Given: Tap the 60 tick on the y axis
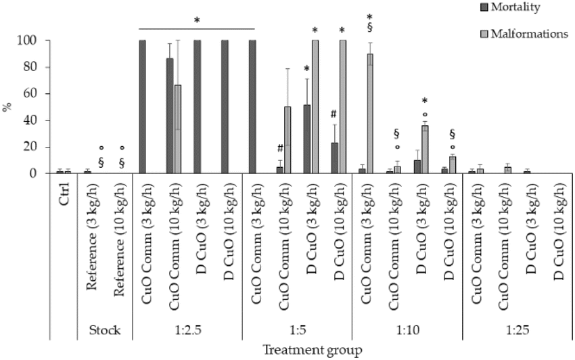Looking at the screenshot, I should (x=40, y=93).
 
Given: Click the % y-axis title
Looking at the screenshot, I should (x=7, y=106).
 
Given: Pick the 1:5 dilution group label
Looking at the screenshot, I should (x=298, y=331).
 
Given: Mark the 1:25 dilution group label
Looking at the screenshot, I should (x=517, y=331).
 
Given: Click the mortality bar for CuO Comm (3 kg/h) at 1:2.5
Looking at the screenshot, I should (x=143, y=107).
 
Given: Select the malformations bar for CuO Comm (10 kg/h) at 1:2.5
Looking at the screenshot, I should (x=177, y=129).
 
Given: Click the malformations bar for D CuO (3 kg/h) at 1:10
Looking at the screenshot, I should (x=425, y=150).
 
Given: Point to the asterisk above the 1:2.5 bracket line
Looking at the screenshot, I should (x=197, y=20).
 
